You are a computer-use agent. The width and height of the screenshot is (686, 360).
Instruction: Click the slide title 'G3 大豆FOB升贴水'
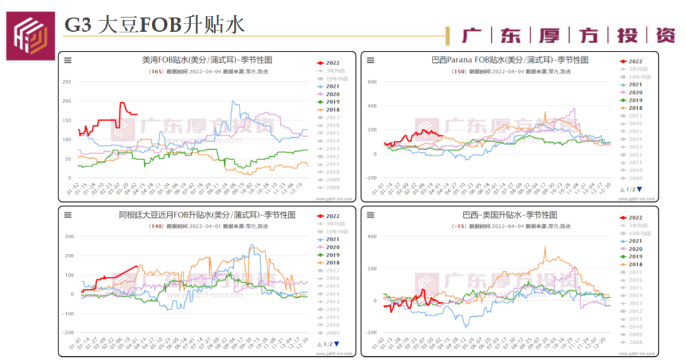tap(154, 25)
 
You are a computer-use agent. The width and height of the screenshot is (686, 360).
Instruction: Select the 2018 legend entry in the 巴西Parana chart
tap(631, 108)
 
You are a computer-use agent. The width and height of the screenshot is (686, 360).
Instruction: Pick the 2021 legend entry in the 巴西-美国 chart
tap(631, 241)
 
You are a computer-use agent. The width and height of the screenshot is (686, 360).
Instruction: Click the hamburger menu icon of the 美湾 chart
tap(67, 60)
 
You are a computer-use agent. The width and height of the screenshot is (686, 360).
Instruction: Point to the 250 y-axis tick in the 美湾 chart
tap(67, 82)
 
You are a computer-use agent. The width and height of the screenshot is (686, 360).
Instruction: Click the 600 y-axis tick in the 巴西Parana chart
tap(372, 82)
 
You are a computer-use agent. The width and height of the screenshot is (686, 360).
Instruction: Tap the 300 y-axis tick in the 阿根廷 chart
tap(69, 237)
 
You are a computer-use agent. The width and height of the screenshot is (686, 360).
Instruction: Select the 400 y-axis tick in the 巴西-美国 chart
tap(372, 237)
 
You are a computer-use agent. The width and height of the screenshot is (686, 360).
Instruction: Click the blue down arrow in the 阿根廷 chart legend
tap(337, 344)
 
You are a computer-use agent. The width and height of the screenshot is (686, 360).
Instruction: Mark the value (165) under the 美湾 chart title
tap(155, 72)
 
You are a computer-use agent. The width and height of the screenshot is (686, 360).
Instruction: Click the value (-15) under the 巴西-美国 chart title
tap(457, 227)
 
